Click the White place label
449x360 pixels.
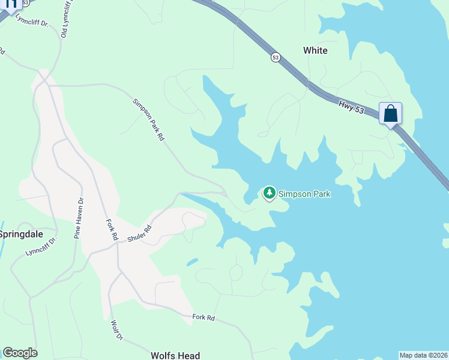tap(315, 50)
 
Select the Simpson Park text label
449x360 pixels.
tap(304, 194)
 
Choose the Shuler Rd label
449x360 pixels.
tap(139, 233)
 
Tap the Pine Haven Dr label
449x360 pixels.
tap(77, 218)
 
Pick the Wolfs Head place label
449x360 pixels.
tap(175, 356)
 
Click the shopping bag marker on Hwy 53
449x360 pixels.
tap(390, 113)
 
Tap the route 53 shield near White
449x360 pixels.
tap(276, 57)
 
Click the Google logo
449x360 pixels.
tap(20, 353)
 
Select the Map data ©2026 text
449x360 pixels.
tap(423, 355)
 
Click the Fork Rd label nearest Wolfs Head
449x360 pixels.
tap(203, 317)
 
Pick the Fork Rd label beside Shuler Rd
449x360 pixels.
tap(112, 230)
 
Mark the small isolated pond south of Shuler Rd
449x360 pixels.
tap(192, 262)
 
